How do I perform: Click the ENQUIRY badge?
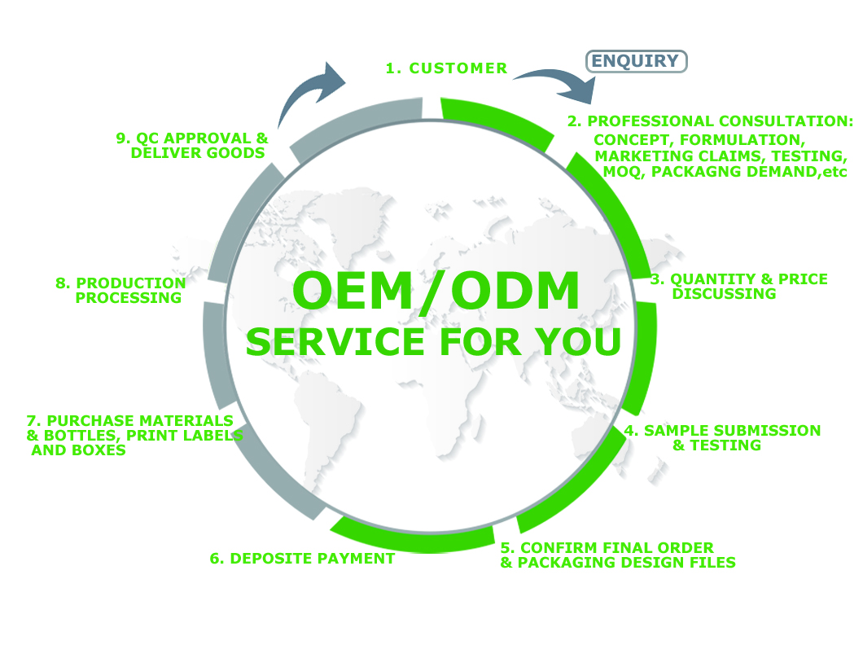pos(636,61)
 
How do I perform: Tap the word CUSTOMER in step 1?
pos(458,68)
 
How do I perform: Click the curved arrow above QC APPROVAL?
pos(309,94)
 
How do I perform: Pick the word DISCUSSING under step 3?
pos(724,294)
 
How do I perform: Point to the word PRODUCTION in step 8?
pos(130,283)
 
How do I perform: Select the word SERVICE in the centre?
pos(335,342)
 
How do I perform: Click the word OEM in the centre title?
pos(353,291)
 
